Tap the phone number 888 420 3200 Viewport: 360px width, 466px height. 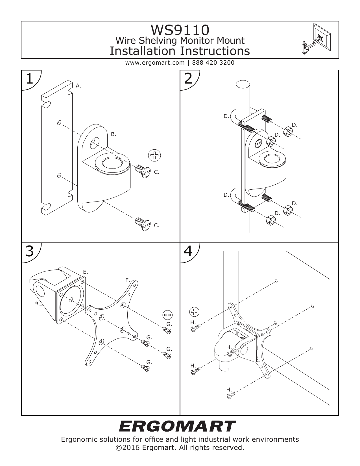click(213, 63)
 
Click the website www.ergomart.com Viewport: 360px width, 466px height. click(155, 63)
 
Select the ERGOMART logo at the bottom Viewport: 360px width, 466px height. click(177, 426)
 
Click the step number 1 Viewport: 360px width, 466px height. click(29, 79)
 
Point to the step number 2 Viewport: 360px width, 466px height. click(188, 79)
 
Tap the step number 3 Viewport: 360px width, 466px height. click(30, 251)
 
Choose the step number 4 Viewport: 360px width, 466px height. click(188, 251)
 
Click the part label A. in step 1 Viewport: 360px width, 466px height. click(78, 86)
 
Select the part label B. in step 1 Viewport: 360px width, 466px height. click(114, 134)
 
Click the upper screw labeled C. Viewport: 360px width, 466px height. click(143, 171)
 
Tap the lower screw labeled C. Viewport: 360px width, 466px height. click(143, 224)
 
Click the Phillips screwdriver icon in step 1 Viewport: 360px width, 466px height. click(154, 155)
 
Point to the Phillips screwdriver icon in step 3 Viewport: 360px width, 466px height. click(167, 315)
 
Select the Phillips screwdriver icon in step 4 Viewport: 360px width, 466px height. click(194, 312)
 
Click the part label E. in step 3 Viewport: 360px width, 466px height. click(85, 272)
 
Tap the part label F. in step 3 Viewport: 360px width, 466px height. click(128, 280)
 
